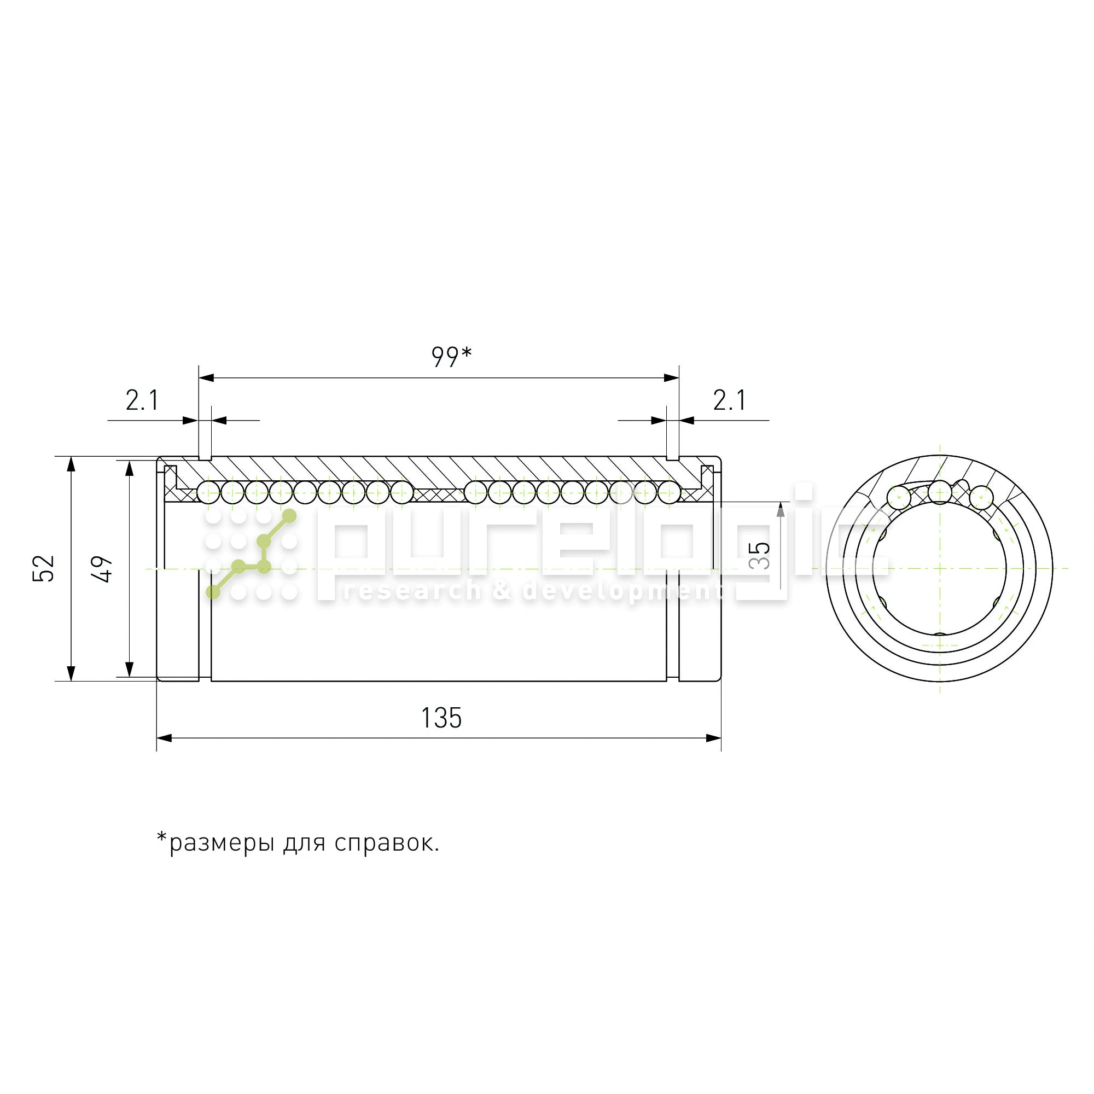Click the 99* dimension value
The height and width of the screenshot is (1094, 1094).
(x=451, y=356)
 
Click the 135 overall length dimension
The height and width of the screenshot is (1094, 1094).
(x=441, y=718)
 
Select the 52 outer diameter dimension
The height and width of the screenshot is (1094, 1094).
(x=44, y=568)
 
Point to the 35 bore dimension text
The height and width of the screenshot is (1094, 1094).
(x=760, y=556)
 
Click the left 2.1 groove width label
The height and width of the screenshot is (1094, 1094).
(x=142, y=401)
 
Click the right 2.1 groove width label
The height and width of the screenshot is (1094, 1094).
(x=729, y=401)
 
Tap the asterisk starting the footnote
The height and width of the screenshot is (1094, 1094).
(x=162, y=838)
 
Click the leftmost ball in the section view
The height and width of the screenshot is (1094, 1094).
(x=208, y=493)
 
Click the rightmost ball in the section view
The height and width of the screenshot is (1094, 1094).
(x=670, y=493)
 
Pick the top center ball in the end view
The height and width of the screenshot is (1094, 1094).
(x=940, y=492)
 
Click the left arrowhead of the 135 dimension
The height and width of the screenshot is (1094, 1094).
(x=164, y=738)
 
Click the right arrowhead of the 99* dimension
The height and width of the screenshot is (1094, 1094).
(x=672, y=377)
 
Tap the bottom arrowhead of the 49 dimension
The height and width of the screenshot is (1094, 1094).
(x=129, y=670)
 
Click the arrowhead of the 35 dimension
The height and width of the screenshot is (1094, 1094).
(x=781, y=509)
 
